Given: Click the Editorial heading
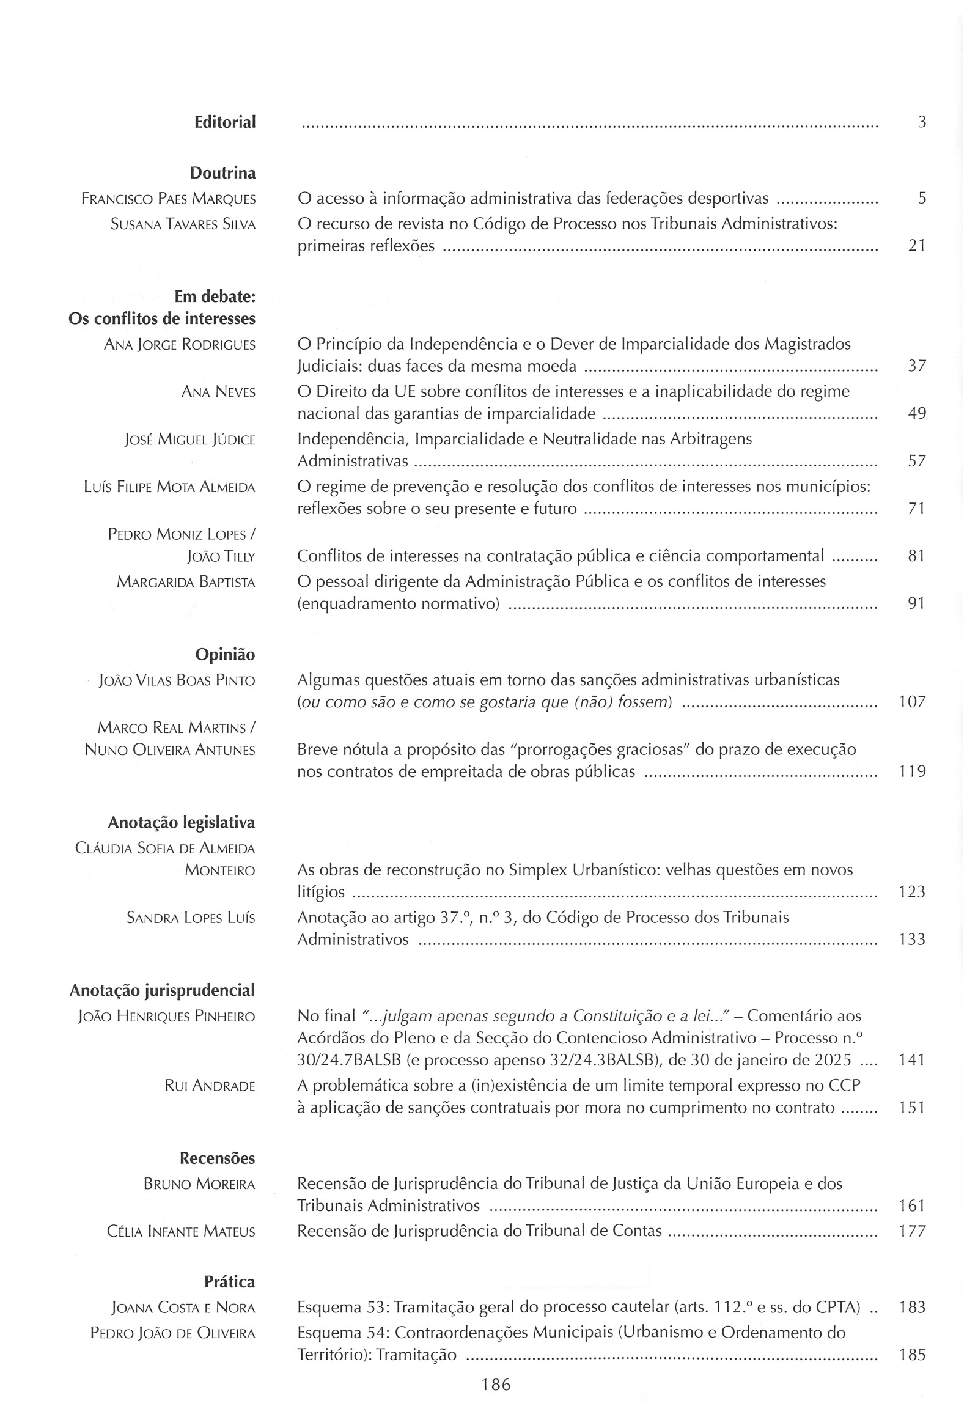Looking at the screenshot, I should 225,122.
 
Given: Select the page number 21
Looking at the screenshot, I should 916,246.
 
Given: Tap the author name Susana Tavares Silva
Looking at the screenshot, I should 183,224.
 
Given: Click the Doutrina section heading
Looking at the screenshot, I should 222,173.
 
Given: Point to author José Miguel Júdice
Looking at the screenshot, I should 190,440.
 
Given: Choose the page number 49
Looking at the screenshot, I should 916,413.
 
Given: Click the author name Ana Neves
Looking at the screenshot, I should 218,392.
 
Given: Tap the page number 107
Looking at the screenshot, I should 911,702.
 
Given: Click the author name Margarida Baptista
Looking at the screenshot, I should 186,582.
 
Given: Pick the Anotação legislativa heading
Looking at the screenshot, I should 181,823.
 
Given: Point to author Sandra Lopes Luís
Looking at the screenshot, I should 191,918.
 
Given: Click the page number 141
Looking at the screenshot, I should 911,1060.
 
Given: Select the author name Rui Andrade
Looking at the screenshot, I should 210,1086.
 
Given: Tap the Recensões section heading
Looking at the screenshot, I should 217,1158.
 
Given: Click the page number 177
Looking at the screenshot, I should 911,1231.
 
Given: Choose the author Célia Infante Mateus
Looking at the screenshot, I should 180,1231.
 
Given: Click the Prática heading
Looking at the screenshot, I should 229,1283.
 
